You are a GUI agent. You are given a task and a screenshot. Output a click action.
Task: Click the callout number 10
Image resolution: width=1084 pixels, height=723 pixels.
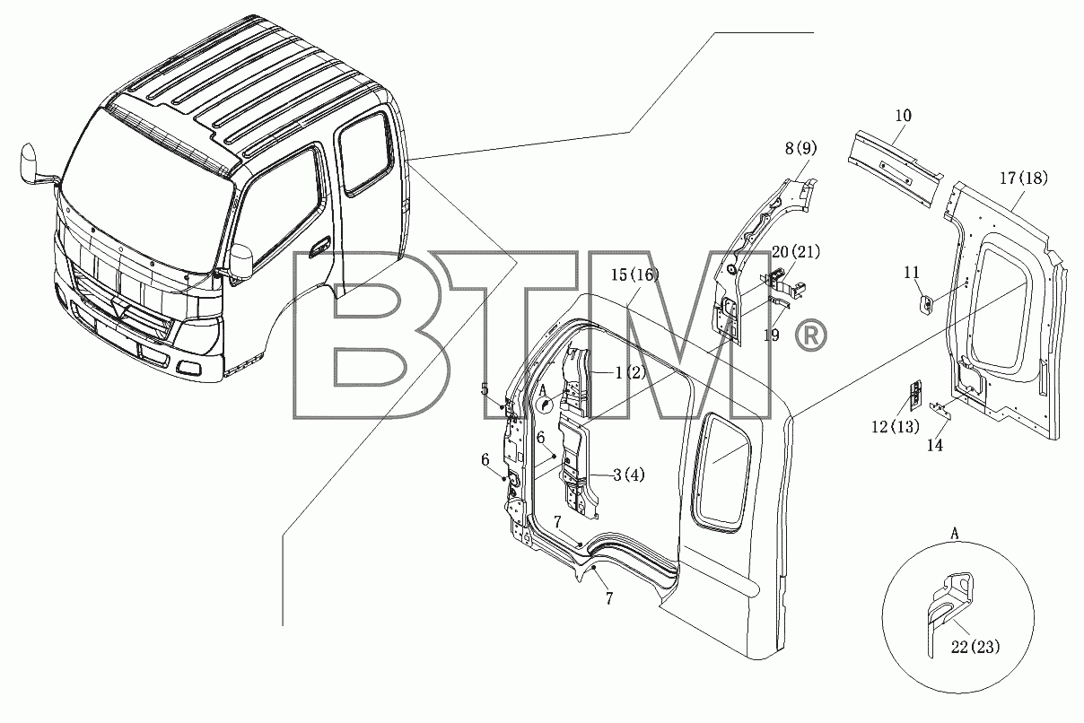[x=903, y=116]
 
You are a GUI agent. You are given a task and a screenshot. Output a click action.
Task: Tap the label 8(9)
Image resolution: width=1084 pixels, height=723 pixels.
[x=800, y=149]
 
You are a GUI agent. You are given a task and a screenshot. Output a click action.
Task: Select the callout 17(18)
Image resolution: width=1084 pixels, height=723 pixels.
[x=1024, y=178]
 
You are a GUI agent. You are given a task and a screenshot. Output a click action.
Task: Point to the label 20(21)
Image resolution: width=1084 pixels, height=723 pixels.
[x=796, y=252]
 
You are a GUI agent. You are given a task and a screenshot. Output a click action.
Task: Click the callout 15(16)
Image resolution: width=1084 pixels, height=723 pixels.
[x=635, y=274]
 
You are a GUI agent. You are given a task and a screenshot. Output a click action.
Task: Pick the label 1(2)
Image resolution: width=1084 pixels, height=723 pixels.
[x=630, y=372]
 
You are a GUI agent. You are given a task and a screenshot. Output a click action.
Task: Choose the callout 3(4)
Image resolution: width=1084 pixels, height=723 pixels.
[x=629, y=475]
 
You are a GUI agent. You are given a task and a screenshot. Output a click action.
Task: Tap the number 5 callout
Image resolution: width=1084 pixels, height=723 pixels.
[x=485, y=389]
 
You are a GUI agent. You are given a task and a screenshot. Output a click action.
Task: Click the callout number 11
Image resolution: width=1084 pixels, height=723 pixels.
[x=911, y=273]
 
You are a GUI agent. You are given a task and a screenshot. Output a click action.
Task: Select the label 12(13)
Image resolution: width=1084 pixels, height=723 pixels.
[x=895, y=427]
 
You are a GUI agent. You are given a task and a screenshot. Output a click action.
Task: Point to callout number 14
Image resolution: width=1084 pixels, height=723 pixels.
[x=934, y=446]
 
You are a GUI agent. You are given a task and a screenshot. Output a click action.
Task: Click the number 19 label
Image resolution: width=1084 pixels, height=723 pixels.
[x=772, y=335]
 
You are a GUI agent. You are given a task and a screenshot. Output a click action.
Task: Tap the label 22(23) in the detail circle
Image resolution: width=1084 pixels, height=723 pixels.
[x=975, y=647]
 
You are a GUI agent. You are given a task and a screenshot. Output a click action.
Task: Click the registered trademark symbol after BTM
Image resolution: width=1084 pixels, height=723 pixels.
[x=811, y=335]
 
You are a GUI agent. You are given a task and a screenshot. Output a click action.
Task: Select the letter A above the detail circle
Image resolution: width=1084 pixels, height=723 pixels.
[x=954, y=534]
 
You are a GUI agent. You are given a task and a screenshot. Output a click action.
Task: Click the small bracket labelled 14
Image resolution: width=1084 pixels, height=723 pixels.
[x=940, y=411]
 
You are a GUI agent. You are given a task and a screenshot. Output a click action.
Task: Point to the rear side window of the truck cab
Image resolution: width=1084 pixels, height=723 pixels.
[x=366, y=153]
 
